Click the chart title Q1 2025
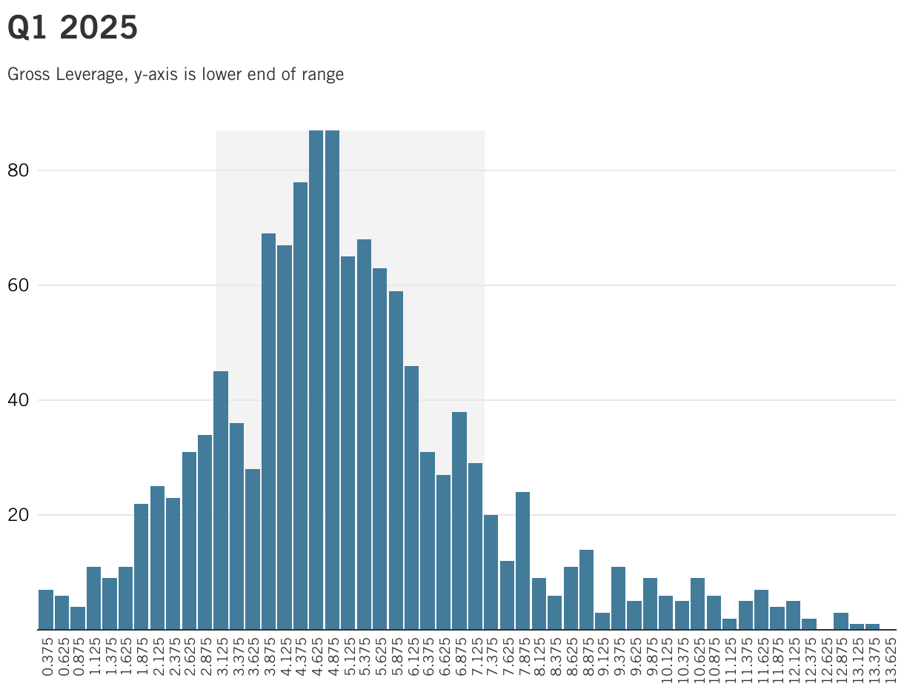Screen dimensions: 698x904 point(73,28)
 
